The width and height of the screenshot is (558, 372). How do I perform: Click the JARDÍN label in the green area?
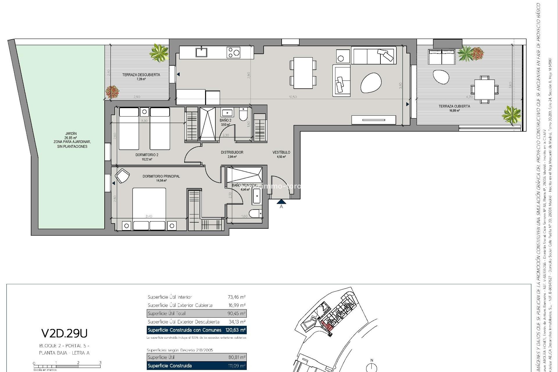point(71,134)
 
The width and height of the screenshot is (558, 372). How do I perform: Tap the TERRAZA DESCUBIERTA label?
point(141,75)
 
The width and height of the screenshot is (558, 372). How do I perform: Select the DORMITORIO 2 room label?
point(147,155)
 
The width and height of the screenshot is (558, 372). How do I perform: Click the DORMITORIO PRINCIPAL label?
point(161,176)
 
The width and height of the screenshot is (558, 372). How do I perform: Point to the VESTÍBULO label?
point(281,152)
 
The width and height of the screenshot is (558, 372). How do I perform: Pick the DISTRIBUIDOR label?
point(232,152)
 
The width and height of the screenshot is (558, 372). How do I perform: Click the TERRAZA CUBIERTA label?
point(454,106)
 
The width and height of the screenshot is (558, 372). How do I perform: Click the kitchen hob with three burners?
point(233,53)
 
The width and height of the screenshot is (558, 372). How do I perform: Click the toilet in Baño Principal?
point(256,214)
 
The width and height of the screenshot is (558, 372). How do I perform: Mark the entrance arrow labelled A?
point(281,202)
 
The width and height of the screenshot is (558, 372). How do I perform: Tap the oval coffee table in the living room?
point(371,83)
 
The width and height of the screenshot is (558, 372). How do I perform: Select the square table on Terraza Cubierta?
point(484,90)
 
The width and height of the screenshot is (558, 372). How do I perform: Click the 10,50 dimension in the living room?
point(293,97)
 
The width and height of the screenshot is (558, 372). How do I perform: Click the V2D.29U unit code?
point(64,333)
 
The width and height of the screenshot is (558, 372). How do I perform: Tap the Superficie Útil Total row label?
point(167,314)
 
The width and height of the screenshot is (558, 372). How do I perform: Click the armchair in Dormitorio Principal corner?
point(122,176)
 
